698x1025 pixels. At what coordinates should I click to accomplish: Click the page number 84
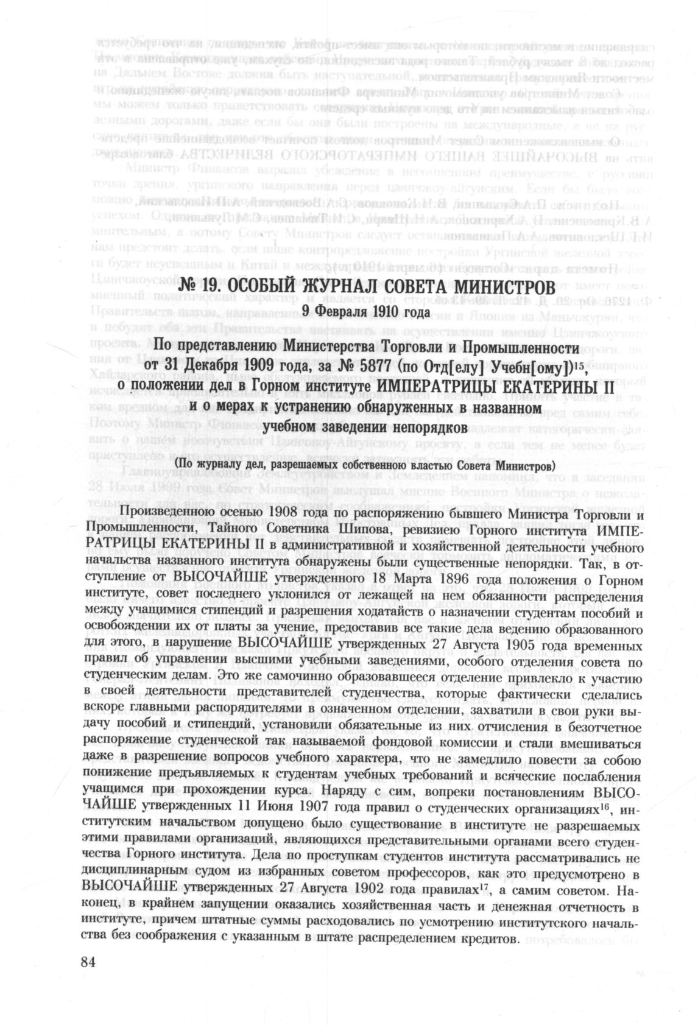89,962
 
